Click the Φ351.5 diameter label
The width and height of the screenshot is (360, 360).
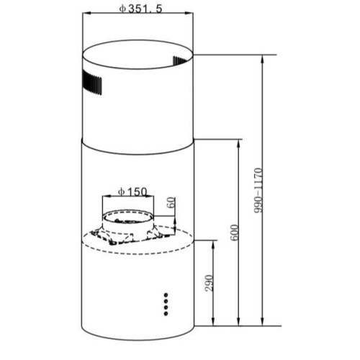point(140,9)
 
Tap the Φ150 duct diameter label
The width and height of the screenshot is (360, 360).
point(132,192)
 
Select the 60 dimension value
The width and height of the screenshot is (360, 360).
point(171,202)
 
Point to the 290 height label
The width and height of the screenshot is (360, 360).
point(210,283)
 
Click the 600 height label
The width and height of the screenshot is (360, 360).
point(235,233)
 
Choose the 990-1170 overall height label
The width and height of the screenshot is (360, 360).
point(258,190)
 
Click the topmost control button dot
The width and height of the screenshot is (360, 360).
point(166,294)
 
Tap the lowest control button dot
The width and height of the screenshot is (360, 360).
point(166,313)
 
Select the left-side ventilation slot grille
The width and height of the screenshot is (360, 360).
point(91,83)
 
